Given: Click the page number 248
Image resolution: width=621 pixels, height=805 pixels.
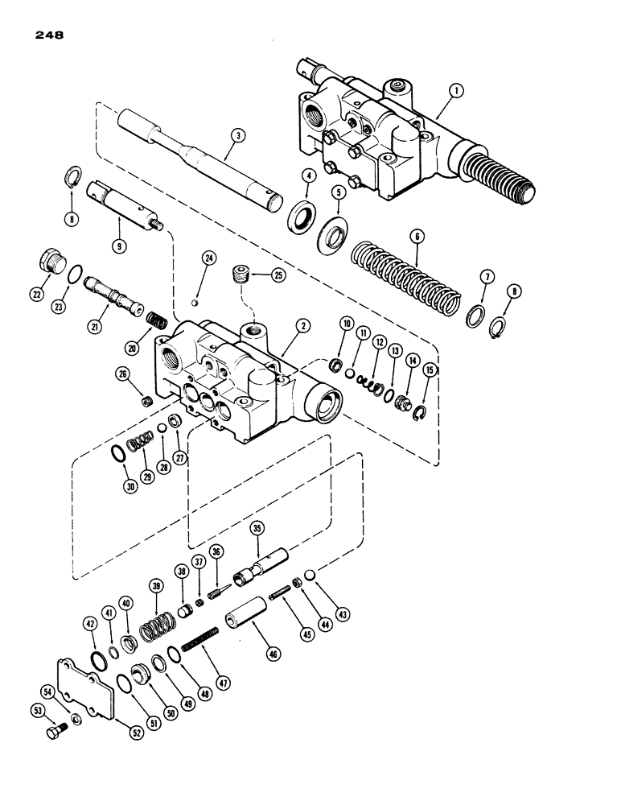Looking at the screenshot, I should [x=49, y=35].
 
